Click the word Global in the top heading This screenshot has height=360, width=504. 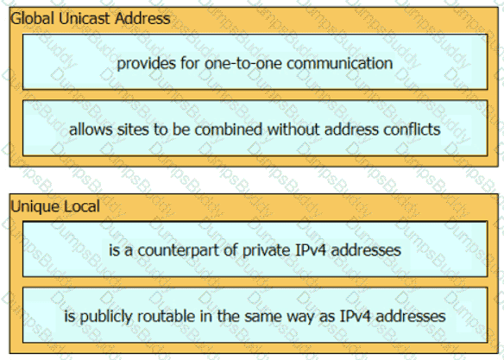32,18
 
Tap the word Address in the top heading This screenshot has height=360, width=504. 142,18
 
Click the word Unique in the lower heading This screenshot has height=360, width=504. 35,206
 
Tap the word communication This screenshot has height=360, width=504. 339,63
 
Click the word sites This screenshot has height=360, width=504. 133,129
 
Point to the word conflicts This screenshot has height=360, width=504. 412,129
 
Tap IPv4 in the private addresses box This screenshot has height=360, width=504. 311,250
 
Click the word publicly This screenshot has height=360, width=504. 106,317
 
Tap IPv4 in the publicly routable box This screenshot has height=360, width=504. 356,316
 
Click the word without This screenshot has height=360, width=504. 293,129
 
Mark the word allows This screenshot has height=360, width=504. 91,129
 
